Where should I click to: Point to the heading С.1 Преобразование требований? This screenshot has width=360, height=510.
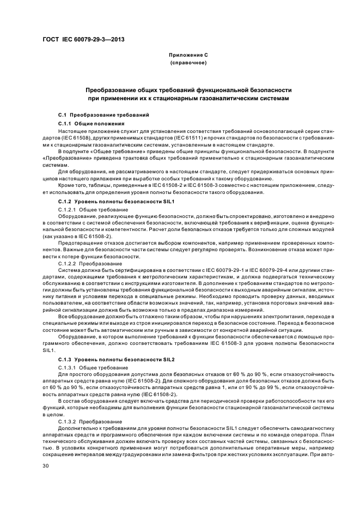(103, 116)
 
